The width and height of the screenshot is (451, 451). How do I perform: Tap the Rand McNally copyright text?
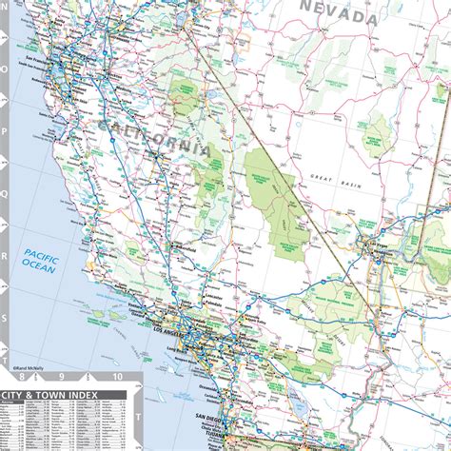(34, 366)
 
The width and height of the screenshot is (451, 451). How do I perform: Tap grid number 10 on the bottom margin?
(116, 377)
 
